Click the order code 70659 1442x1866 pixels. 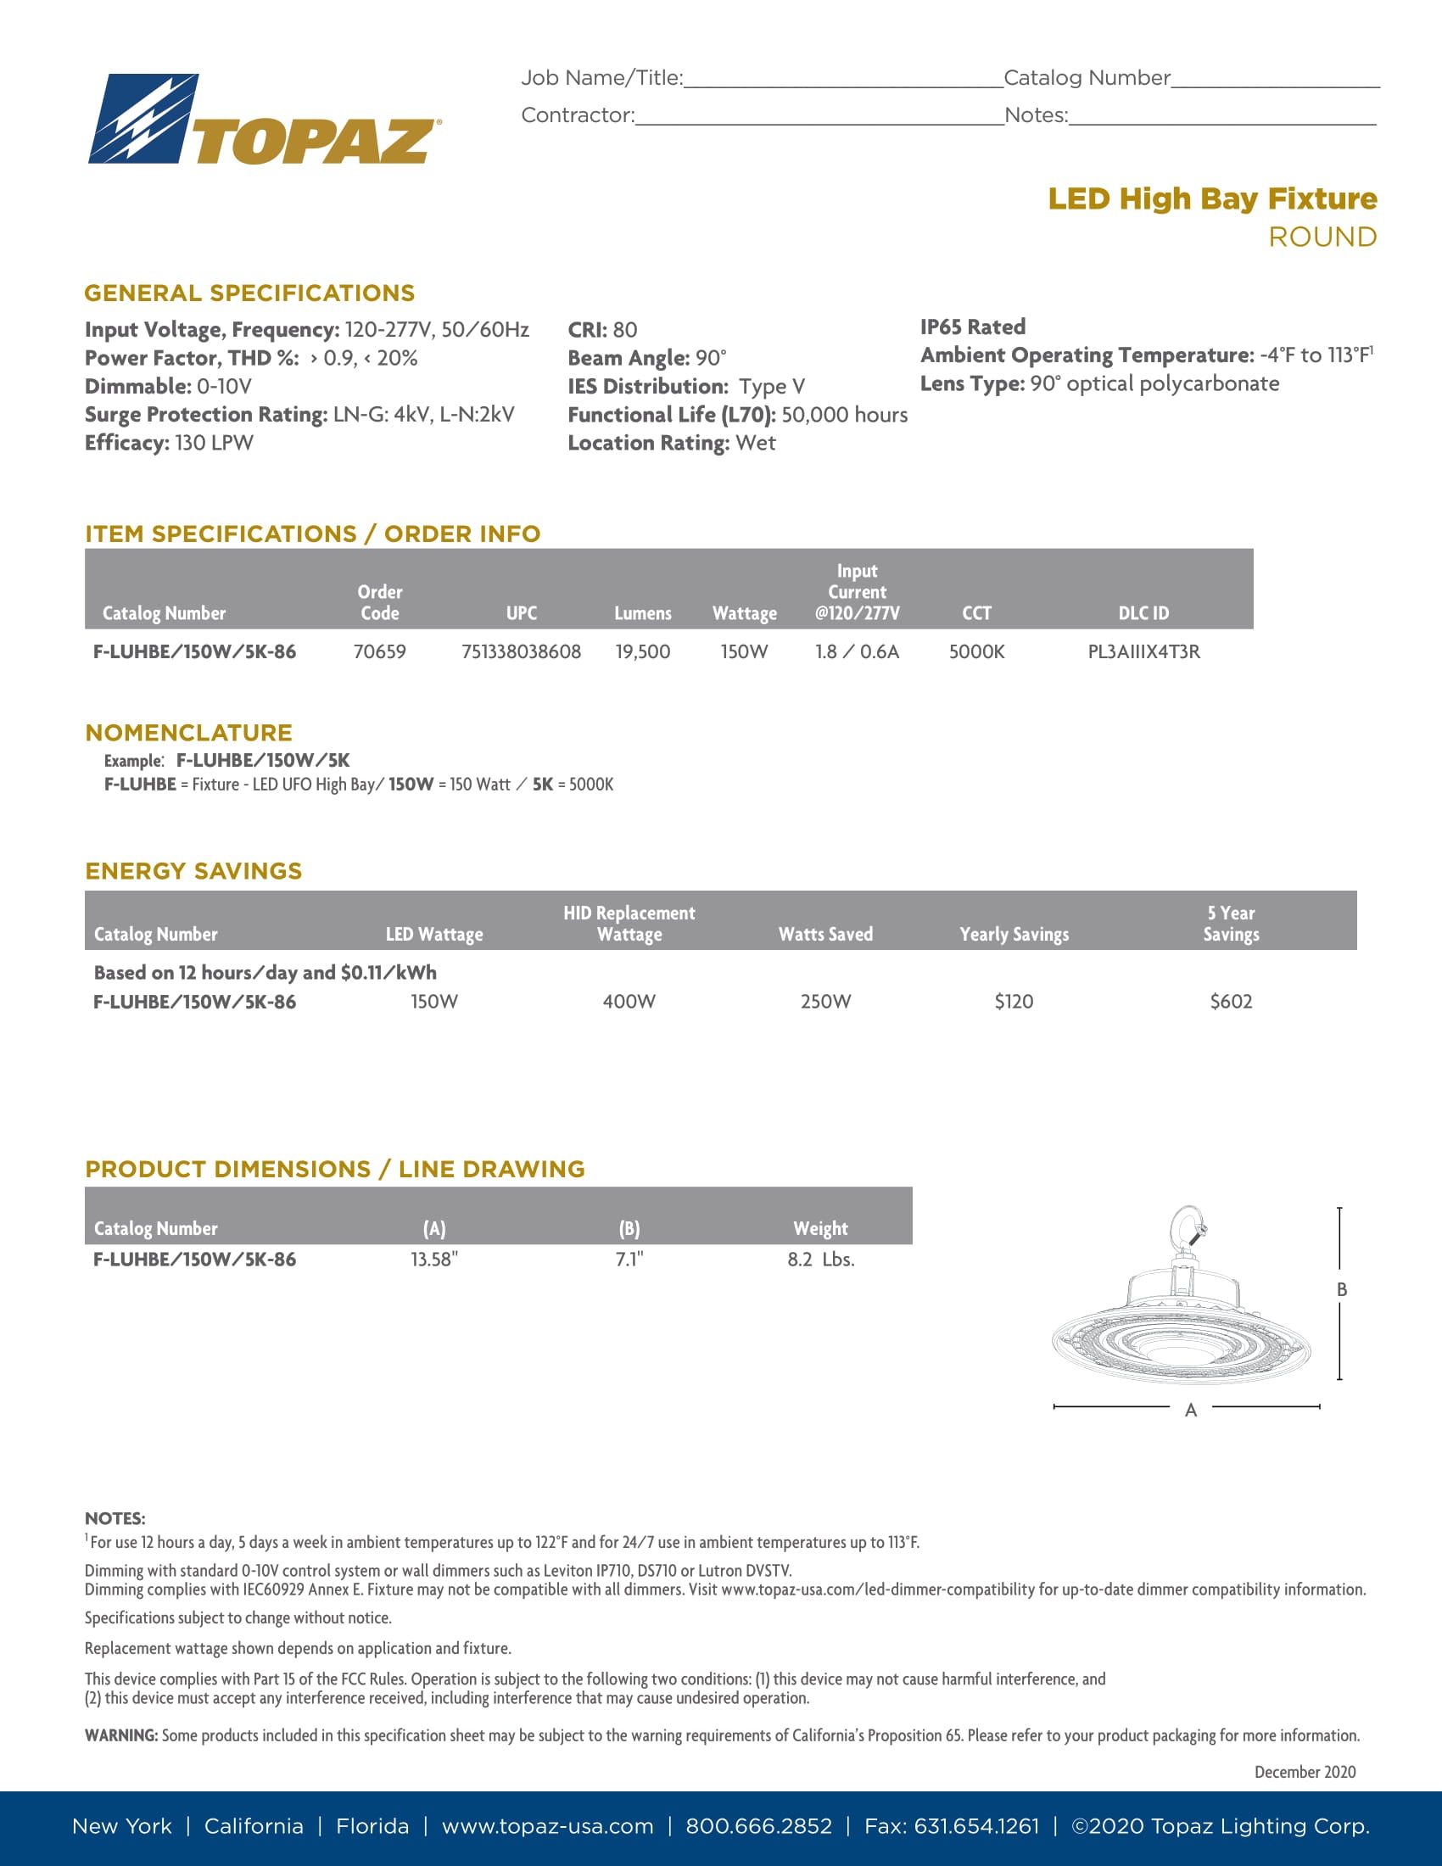click(x=379, y=652)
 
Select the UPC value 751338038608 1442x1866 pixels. click(x=521, y=652)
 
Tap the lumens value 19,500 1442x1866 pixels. click(x=642, y=652)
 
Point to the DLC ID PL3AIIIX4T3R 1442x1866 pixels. click(x=1143, y=652)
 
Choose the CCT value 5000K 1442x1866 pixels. click(x=976, y=652)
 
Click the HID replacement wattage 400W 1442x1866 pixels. click(x=629, y=1002)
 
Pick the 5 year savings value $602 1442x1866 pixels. click(x=1230, y=1002)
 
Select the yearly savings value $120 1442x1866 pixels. click(x=1013, y=1002)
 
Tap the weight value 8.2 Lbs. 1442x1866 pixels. click(x=820, y=1260)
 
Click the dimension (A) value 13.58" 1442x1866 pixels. click(x=434, y=1260)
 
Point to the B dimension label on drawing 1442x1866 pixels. click(x=1341, y=1289)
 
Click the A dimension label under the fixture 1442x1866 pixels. click(x=1190, y=1411)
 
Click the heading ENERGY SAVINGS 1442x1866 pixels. click(x=194, y=870)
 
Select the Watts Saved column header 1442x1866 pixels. click(x=825, y=934)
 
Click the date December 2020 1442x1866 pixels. click(x=1305, y=1772)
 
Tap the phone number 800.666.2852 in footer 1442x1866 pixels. click(x=758, y=1827)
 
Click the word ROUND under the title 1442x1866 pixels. click(x=1322, y=237)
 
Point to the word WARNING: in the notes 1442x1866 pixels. click(x=121, y=1735)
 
